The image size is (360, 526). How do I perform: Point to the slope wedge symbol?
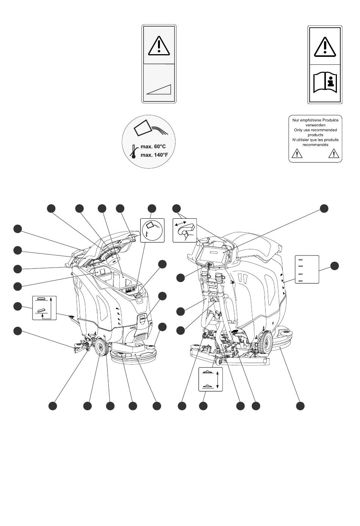coord(159,89)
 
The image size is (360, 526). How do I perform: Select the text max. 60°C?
coord(153,146)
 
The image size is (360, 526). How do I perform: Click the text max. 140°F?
coord(154,155)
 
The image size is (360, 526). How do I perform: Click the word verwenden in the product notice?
coord(315,125)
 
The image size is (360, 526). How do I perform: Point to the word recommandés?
coord(315,144)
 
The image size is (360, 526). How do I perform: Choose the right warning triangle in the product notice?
coord(333,153)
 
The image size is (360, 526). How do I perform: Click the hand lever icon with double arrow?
coord(185,230)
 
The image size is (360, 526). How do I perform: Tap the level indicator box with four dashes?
coord(307,269)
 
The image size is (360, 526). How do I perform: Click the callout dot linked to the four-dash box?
coord(334,266)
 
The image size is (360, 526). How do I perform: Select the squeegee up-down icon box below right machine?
coord(210,379)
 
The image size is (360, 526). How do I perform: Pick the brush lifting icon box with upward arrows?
coord(44,307)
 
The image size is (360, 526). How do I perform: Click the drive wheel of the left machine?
coord(101,346)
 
